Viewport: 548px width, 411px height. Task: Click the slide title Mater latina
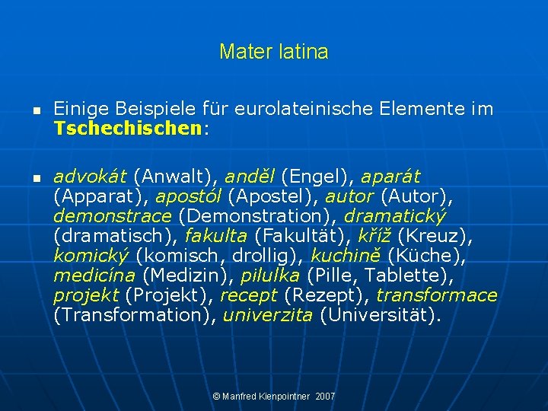pos(273,53)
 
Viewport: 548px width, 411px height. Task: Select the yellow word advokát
pos(91,177)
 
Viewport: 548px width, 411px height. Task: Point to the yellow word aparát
pos(390,177)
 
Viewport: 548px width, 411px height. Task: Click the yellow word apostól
pos(189,196)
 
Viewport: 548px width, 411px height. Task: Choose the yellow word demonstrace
pos(113,216)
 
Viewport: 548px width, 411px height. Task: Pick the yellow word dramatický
pos(395,216)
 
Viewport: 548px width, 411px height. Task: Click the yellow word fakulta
pos(217,236)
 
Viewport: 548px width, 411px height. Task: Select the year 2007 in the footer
pos(324,397)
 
